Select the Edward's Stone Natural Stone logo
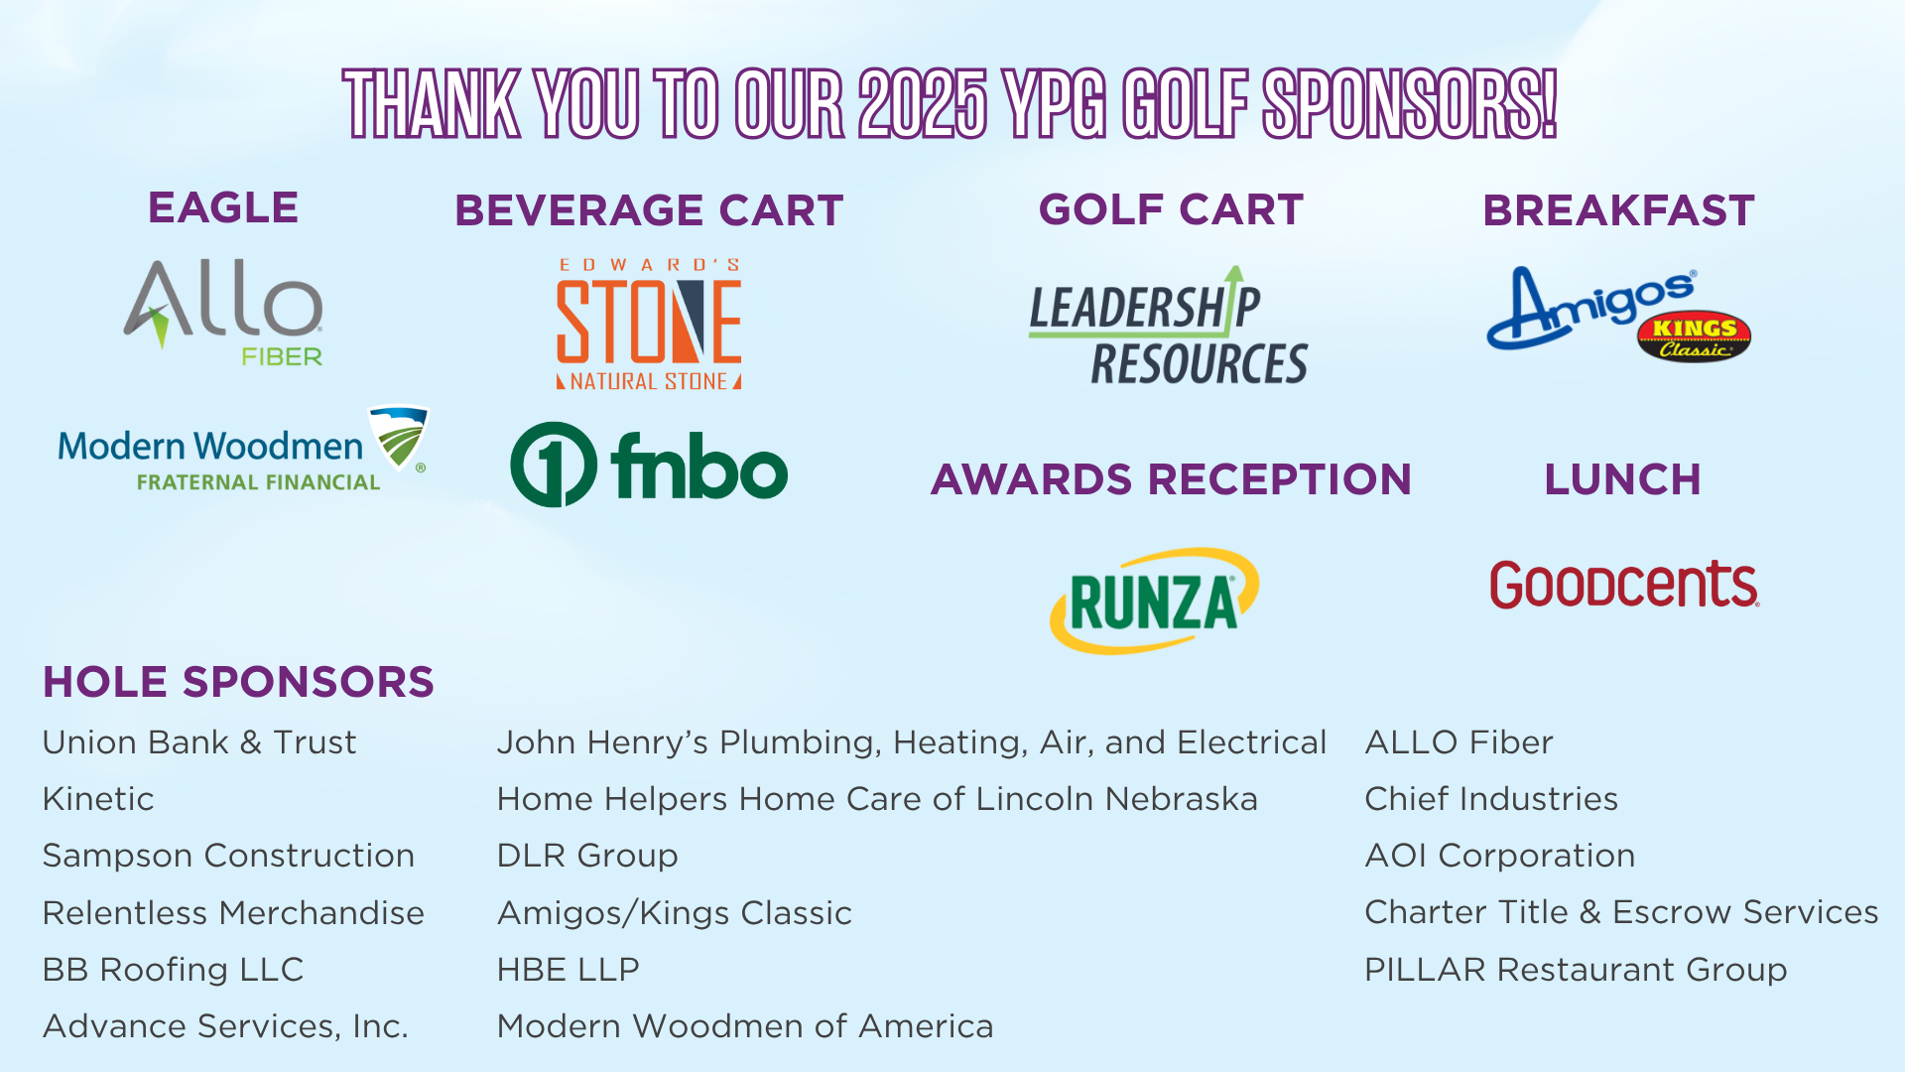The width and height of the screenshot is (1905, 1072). (x=649, y=324)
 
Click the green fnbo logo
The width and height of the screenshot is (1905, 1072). (x=649, y=465)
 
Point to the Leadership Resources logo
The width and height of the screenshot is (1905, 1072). (x=1169, y=326)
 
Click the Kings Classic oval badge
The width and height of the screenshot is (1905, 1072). (x=1694, y=337)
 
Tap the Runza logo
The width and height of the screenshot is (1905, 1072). (x=1154, y=601)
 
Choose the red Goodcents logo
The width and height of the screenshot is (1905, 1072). (x=1624, y=584)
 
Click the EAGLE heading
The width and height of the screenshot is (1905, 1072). (x=223, y=208)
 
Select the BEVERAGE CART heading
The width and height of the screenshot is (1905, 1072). (x=649, y=210)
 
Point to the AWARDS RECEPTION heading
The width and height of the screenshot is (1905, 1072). (x=1171, y=479)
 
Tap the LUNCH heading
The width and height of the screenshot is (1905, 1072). (x=1622, y=479)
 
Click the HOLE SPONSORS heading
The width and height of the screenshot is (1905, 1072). (x=238, y=682)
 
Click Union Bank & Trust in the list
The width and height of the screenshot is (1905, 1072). (x=199, y=742)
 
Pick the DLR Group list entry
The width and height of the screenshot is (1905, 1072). (x=587, y=856)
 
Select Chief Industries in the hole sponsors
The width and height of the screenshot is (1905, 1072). (x=1491, y=799)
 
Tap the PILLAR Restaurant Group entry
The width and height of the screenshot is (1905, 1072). (x=1576, y=970)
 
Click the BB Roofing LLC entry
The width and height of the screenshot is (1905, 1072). (x=174, y=970)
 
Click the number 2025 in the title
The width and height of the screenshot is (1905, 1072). (x=923, y=104)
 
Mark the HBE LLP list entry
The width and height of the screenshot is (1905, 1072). (x=569, y=970)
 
